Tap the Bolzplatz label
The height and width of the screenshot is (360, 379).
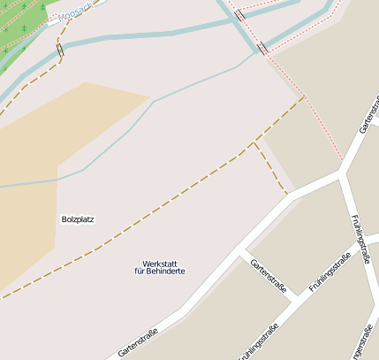pyautogui.click(x=78, y=218)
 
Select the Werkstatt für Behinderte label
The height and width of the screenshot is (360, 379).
pyautogui.click(x=159, y=267)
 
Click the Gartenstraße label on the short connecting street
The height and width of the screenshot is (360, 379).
pyautogui.click(x=269, y=277)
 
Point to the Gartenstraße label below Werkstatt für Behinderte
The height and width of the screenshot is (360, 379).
pyautogui.click(x=137, y=343)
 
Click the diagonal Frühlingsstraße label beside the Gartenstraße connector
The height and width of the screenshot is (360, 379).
pyautogui.click(x=330, y=272)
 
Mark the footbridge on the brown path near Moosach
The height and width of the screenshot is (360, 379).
pyautogui.click(x=60, y=50)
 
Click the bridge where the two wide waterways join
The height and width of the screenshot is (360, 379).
pyautogui.click(x=262, y=48)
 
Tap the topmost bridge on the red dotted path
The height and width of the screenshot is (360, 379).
pyautogui.click(x=239, y=15)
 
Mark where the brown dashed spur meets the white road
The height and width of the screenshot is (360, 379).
pyautogui.click(x=287, y=193)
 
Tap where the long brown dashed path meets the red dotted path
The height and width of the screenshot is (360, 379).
pyautogui.click(x=302, y=98)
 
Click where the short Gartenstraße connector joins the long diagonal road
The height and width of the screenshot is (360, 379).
pyautogui.click(x=239, y=252)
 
